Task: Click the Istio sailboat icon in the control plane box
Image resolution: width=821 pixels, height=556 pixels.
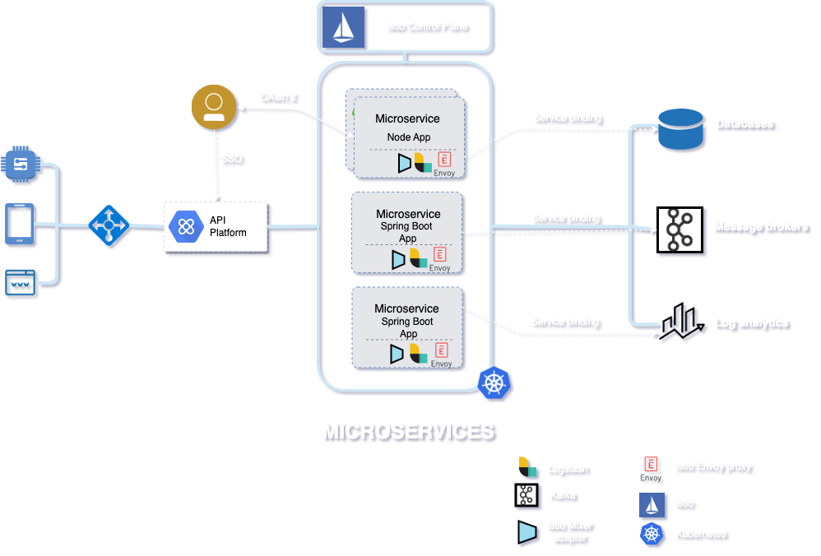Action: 342,26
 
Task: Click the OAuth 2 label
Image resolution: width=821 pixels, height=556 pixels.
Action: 278,97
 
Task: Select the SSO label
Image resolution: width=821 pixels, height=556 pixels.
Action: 232,158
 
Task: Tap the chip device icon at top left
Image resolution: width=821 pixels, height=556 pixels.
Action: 20,165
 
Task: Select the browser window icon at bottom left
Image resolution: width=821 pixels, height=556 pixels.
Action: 20,284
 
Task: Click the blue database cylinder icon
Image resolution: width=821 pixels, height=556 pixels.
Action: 681,130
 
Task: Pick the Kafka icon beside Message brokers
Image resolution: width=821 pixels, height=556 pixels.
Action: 679,229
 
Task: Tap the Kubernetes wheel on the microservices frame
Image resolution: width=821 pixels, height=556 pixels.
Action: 494,383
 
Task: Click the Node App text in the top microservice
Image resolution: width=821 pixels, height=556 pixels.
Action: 409,137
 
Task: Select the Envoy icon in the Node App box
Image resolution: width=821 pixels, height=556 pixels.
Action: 444,161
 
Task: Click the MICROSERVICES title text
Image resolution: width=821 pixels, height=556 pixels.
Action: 408,431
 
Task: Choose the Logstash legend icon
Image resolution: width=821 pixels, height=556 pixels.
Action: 527,468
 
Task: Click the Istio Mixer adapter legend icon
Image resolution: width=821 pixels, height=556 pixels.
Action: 527,532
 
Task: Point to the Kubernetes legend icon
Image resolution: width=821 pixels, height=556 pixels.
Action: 652,535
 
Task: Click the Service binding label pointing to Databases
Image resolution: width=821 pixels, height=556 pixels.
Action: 567,118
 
